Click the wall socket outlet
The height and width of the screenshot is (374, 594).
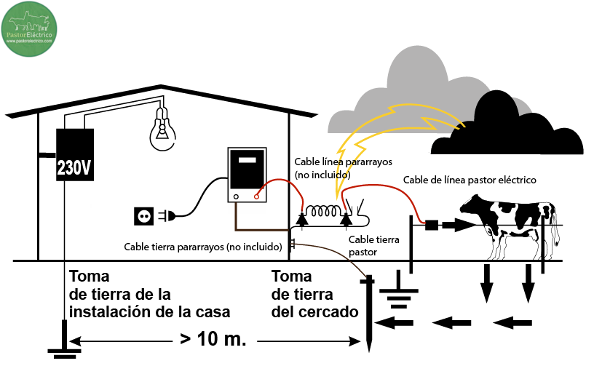click(x=143, y=215)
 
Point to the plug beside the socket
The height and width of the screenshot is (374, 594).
click(x=167, y=215)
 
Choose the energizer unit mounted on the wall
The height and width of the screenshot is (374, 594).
click(x=247, y=175)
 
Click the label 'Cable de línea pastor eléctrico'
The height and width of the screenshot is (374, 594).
click(x=470, y=180)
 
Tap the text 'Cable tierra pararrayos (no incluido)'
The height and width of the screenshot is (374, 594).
click(x=203, y=247)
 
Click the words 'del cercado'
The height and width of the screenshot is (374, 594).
click(x=314, y=311)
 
